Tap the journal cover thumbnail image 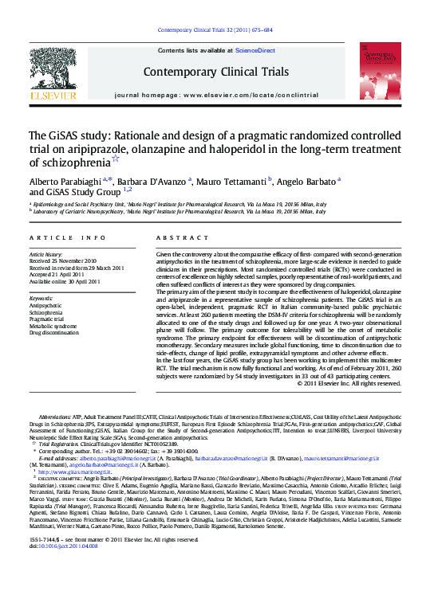[x=382, y=71]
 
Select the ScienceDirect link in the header [x=255, y=50]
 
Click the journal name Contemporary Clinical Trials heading [x=215, y=72]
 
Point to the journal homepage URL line [x=216, y=95]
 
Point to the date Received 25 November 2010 [x=63, y=261]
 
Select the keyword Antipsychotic [x=45, y=306]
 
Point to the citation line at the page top [x=216, y=30]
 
